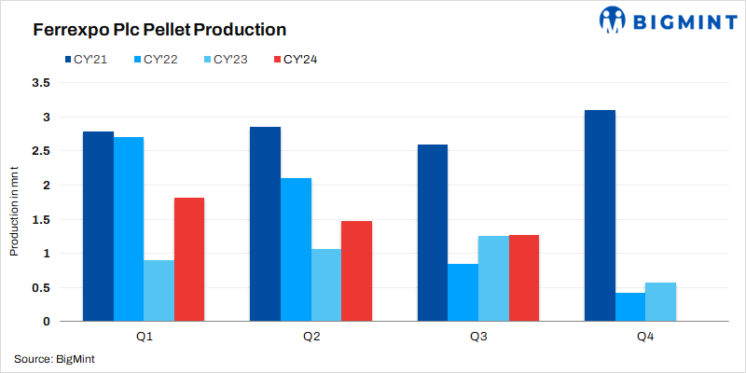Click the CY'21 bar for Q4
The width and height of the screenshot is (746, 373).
[599, 215]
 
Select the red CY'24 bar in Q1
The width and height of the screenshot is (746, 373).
[188, 259]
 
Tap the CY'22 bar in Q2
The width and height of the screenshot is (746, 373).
[296, 250]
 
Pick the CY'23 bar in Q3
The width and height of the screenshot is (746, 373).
[493, 279]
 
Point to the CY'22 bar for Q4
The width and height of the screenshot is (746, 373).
[629, 307]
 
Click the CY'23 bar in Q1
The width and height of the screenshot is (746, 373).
[159, 291]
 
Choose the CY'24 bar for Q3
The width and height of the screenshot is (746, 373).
[524, 278]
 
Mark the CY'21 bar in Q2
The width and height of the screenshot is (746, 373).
[265, 224]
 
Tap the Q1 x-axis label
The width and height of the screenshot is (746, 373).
[144, 337]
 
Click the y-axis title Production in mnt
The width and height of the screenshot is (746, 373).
[14, 202]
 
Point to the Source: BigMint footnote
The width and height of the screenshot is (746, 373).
[54, 359]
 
